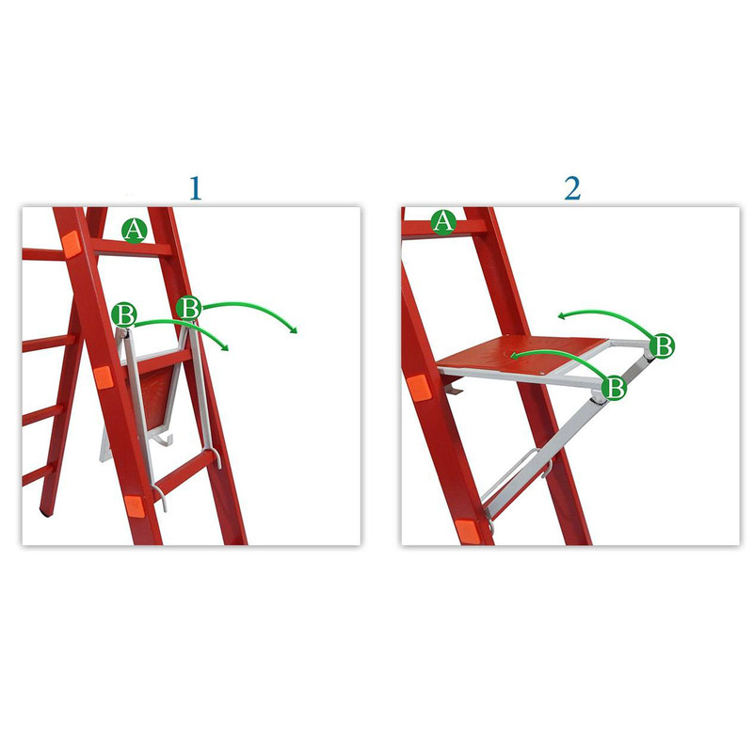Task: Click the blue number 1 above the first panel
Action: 195,187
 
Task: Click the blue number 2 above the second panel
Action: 572,187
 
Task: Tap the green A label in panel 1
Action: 134,230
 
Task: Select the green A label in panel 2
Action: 443,221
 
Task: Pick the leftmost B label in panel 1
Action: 124,315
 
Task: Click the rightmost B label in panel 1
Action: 189,308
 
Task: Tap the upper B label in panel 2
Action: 662,345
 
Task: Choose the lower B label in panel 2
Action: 614,387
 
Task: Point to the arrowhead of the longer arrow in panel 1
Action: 293,329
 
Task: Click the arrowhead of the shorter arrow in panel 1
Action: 224,346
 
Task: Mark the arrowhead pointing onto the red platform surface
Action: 514,356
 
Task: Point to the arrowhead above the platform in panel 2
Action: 562,315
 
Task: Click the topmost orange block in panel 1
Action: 72,244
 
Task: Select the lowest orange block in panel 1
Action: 135,506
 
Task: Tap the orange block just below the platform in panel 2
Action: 418,388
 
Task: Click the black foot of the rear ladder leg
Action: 46,513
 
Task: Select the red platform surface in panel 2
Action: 523,357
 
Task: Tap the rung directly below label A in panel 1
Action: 132,248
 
